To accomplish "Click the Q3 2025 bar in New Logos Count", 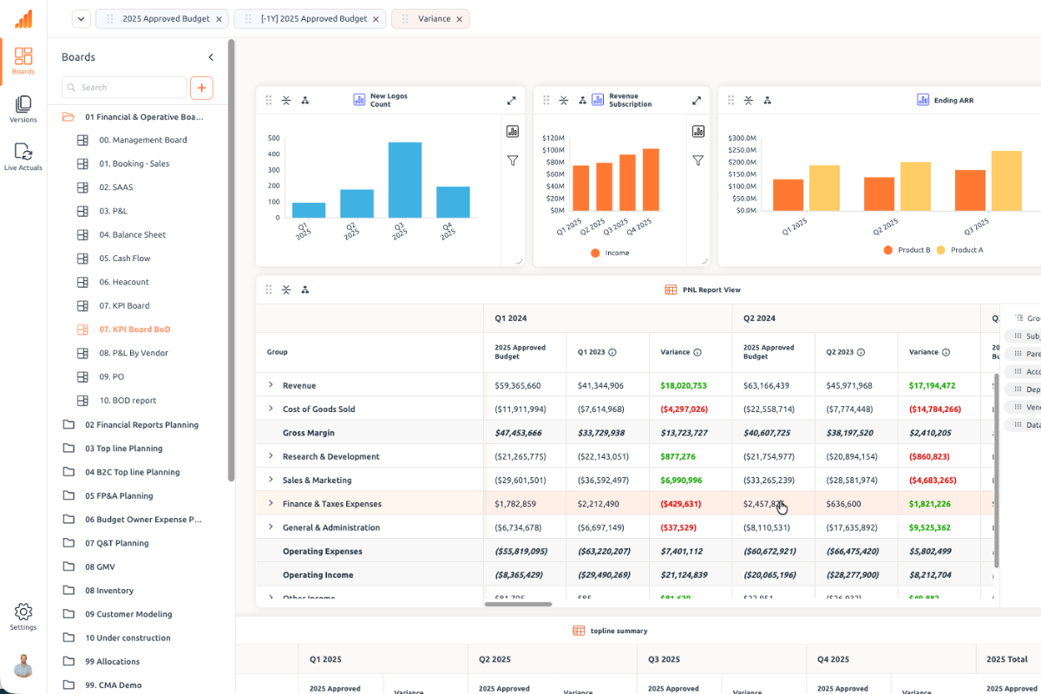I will coord(404,180).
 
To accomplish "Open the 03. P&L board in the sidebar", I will coord(115,211).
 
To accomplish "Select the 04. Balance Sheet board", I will coord(132,234).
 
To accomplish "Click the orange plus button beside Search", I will coord(201,88).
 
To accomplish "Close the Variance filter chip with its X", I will coord(460,18).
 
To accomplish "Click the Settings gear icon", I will coord(23,612).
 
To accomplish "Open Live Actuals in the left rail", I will coord(23,156).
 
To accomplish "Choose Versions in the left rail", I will coord(23,108).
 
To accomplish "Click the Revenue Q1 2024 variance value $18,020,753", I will coord(683,385).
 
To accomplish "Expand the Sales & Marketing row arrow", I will coord(271,480).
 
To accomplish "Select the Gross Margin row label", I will coord(308,433).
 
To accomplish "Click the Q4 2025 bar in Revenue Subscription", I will coord(651,180).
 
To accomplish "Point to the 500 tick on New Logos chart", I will coord(273,138).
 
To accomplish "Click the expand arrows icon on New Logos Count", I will coord(511,101).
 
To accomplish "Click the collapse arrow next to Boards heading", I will coord(211,57).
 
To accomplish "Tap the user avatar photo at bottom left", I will coord(23,665).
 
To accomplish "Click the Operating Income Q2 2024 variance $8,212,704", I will coord(932,574).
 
